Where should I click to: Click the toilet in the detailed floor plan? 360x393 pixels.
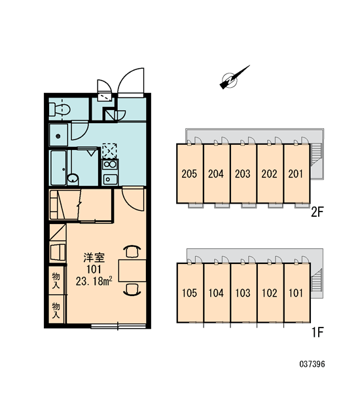[60, 109]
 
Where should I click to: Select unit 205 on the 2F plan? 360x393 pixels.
[190, 174]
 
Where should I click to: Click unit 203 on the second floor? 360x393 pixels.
[243, 174]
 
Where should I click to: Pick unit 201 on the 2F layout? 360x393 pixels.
[297, 174]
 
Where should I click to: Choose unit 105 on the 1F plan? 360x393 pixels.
[190, 293]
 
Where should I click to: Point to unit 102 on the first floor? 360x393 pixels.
[270, 293]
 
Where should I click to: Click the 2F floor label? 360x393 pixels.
[317, 212]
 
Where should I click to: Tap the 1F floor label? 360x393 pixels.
[317, 333]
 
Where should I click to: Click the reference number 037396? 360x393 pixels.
[312, 364]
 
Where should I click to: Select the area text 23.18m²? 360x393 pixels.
[94, 282]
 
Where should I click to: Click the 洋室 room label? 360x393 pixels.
[94, 257]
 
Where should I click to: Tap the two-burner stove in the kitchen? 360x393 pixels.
[110, 164]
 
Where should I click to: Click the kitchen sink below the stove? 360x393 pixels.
[110, 179]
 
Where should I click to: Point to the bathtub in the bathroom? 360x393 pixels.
[58, 168]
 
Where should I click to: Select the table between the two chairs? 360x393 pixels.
[132, 271]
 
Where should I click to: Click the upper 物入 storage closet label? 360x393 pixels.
[56, 281]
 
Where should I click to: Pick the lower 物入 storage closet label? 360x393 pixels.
[56, 310]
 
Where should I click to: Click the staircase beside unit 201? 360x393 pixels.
[317, 155]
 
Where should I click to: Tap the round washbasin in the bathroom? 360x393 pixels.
[73, 179]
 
